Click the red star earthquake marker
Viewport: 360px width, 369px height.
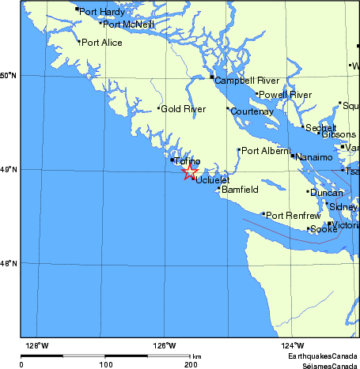tap(190, 171)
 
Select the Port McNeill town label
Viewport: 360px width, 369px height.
tap(129, 24)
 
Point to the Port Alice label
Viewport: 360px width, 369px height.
tap(102, 43)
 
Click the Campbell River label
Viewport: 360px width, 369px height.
tap(247, 81)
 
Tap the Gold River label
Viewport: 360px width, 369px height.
tap(183, 108)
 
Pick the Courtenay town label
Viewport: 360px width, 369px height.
tap(252, 111)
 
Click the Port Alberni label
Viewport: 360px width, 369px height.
tap(265, 151)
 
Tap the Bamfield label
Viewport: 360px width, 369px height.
tap(240, 190)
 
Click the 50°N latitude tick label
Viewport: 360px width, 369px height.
tap(8, 76)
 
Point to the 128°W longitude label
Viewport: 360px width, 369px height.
tap(36, 345)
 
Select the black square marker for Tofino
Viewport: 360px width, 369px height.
tap(172, 160)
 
